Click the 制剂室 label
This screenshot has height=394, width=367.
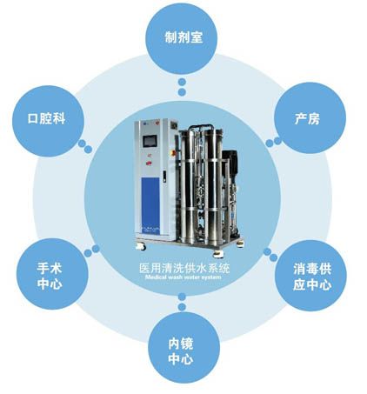point(183,37)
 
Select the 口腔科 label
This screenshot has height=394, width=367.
point(46,118)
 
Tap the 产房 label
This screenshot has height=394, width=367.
point(307,118)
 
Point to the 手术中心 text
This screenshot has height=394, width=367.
point(50,276)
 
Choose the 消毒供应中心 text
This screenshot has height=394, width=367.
point(312,277)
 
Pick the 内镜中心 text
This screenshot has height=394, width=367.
point(181,351)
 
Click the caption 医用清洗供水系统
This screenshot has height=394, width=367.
point(184,268)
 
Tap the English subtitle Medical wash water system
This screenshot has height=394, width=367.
point(183,277)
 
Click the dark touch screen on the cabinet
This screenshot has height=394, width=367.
point(150,141)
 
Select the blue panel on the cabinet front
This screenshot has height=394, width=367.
point(150,202)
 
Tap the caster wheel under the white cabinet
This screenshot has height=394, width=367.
point(141,247)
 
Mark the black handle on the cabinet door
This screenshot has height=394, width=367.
point(164,177)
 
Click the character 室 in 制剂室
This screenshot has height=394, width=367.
point(197,37)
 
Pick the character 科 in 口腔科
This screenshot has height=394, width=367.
point(59,118)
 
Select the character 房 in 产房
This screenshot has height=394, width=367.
point(314,118)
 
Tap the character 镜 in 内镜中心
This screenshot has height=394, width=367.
point(187,344)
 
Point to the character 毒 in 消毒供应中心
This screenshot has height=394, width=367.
point(312,270)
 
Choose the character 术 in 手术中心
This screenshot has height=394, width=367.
point(57,269)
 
